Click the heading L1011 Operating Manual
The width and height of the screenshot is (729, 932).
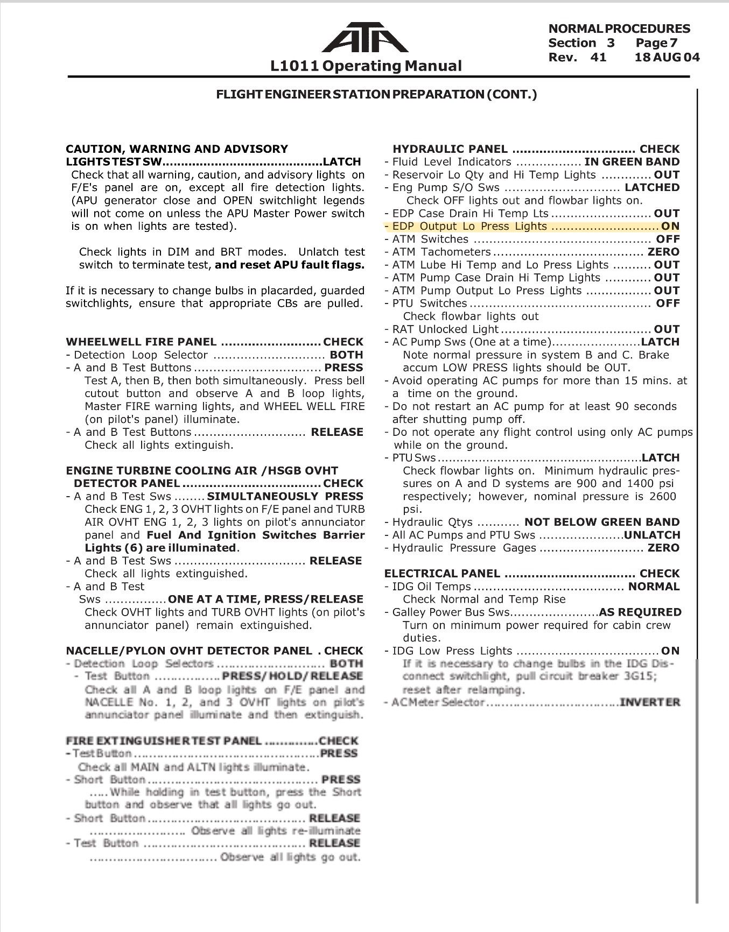[x=366, y=66]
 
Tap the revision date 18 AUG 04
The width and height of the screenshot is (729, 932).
[x=668, y=57]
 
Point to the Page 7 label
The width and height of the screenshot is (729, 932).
[x=656, y=43]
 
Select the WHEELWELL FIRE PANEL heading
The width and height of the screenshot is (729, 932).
[x=141, y=342]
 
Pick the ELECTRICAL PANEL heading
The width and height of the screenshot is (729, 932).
[x=442, y=574]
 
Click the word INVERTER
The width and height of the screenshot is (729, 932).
[x=650, y=702]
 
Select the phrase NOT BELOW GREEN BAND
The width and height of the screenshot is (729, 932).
[x=602, y=522]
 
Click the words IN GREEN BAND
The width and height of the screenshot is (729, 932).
[x=632, y=162]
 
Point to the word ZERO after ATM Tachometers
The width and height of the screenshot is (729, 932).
[x=663, y=252]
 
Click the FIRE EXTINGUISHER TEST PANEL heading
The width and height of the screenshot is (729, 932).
[x=164, y=741]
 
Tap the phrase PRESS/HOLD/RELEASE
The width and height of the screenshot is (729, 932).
[x=293, y=676]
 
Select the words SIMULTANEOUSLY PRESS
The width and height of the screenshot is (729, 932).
[x=285, y=496]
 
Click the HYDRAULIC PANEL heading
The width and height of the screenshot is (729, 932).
[x=450, y=149]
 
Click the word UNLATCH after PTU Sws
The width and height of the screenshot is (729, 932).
[x=652, y=535]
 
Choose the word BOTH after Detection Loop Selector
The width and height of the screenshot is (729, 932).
[x=346, y=355]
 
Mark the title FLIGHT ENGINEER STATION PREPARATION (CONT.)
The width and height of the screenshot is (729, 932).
[x=376, y=95]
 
